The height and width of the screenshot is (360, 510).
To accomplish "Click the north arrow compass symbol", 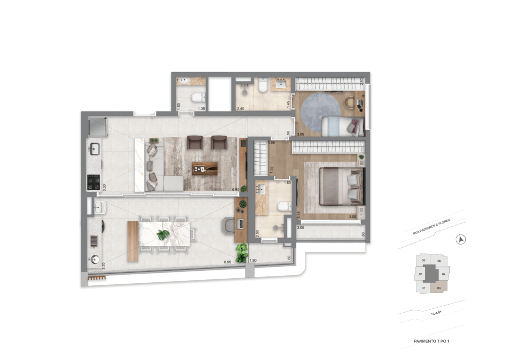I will pos(461,240).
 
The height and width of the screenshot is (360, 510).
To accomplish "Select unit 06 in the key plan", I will pos(423,260).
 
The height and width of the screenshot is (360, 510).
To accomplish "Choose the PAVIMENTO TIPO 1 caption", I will pos(431,341).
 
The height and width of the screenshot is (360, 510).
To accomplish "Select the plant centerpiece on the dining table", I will pos(163,234).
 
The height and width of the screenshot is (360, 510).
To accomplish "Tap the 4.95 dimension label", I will pos(271,142).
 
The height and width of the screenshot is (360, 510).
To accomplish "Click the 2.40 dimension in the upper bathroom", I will pos(240,109).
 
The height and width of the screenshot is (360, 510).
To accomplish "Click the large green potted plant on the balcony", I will pos(242,252).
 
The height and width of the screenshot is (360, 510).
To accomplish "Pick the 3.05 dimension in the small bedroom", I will pos(300,134).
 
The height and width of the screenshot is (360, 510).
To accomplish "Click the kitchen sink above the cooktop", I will pos(94,148).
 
